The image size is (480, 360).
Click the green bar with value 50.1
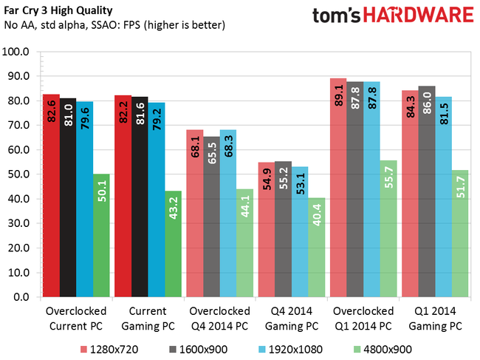pos(100,236)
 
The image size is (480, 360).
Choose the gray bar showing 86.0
pos(426,191)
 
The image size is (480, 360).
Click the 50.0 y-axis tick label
pos(18,174)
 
